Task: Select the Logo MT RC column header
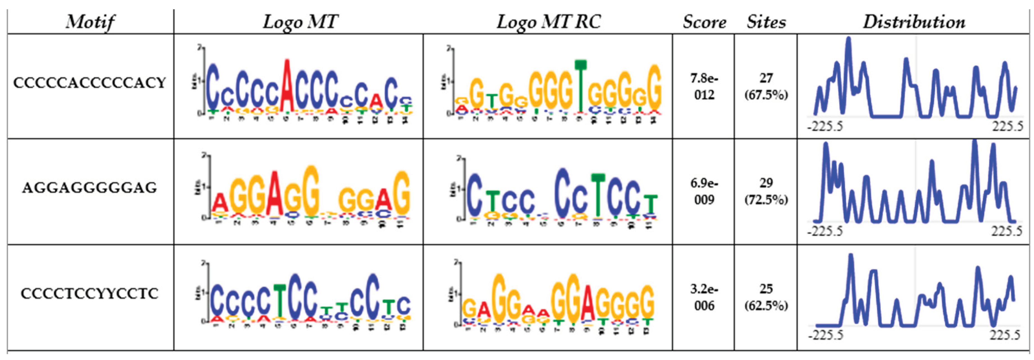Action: click(x=548, y=22)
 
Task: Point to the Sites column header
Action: click(x=766, y=22)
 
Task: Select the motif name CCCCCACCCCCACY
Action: click(x=90, y=83)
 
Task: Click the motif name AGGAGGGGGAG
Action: click(x=90, y=187)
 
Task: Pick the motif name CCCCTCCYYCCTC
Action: click(x=90, y=293)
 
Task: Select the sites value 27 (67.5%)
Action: click(x=766, y=86)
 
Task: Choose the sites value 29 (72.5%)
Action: click(x=766, y=191)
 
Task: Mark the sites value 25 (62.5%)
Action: click(x=766, y=297)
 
